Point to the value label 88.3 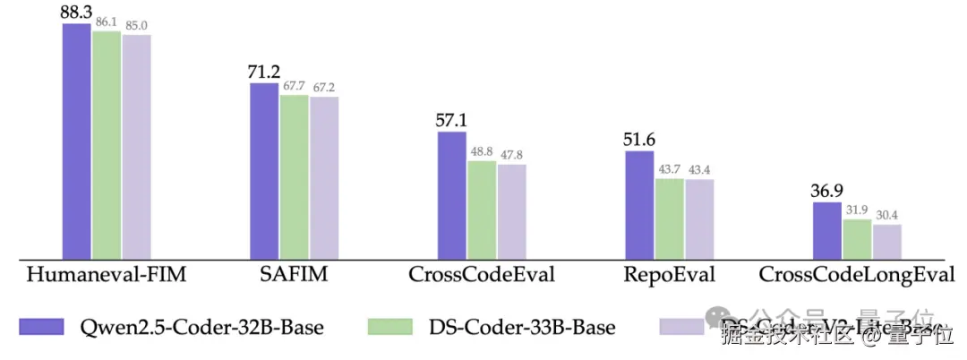point(76,13)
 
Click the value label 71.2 point(264,72)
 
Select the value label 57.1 point(451,120)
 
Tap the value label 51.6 point(638,140)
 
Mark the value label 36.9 point(826,191)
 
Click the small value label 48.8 point(482,151)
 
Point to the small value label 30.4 point(887,215)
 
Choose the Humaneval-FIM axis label point(107,275)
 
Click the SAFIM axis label point(295,275)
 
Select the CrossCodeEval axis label point(482,275)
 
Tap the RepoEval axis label point(670,275)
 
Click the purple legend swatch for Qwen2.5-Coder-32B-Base point(44,327)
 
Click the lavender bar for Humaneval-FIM point(137,147)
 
